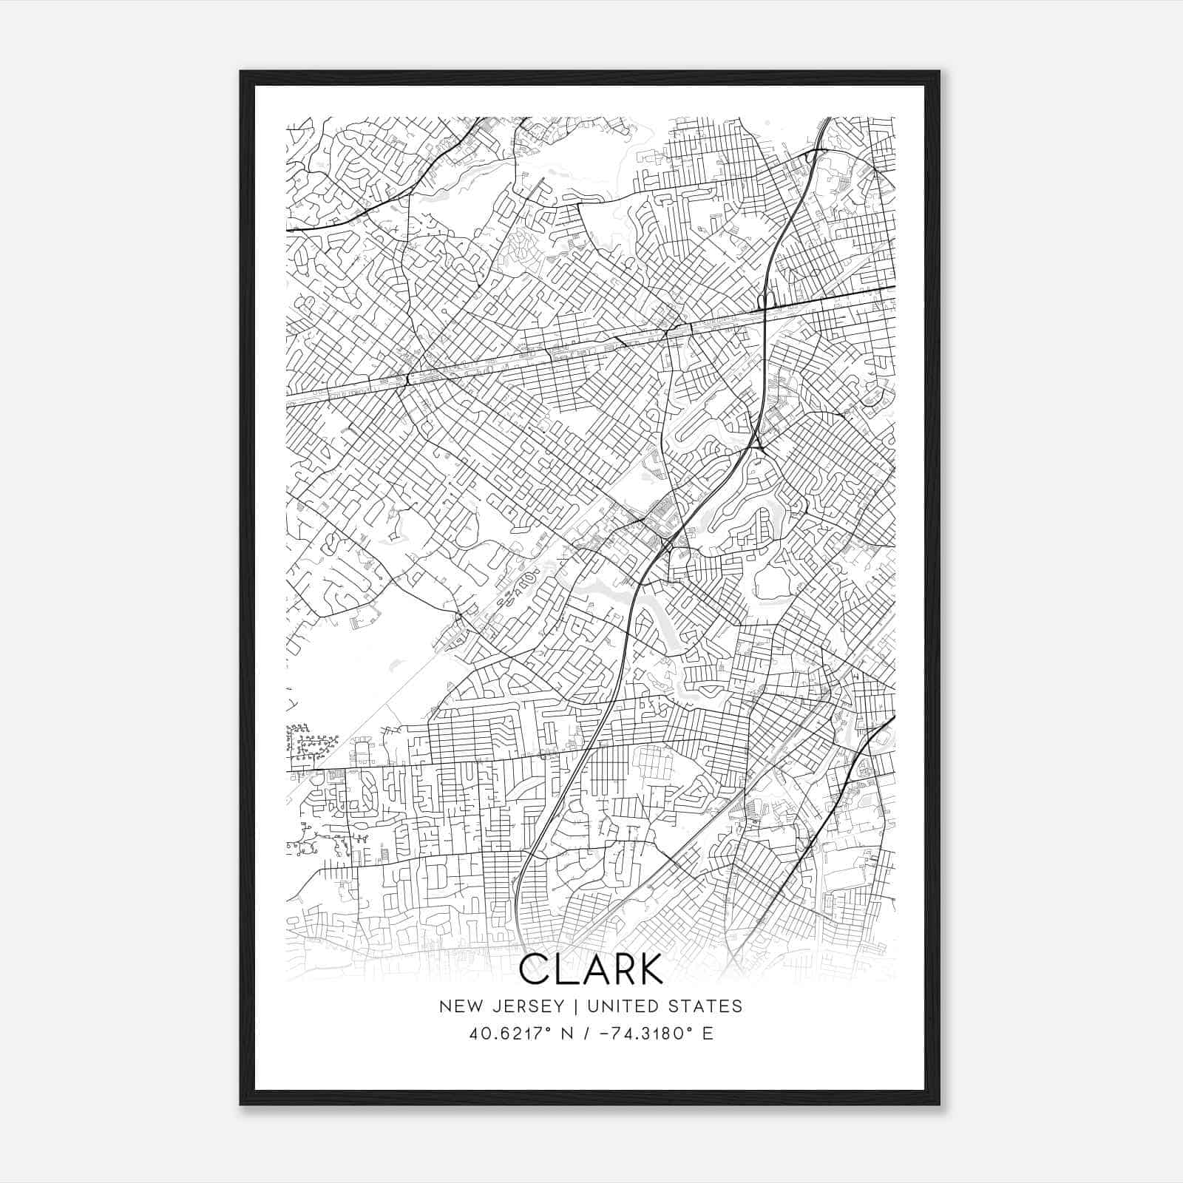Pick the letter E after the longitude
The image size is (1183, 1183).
click(x=708, y=1034)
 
